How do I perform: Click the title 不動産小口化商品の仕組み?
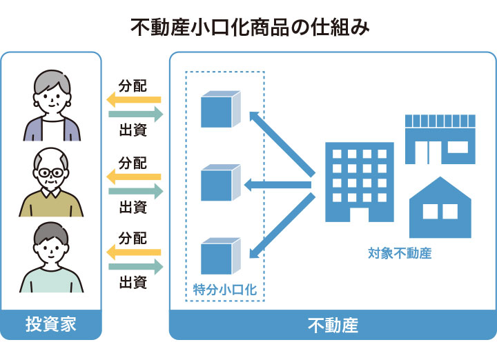249,28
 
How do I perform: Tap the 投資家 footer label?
50,325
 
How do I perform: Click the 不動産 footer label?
333,325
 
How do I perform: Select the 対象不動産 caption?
400,253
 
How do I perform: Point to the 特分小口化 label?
225,290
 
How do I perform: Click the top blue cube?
220,110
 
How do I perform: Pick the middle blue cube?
220,183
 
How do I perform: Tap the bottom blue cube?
220,257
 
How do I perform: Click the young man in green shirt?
52,257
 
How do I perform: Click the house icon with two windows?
440,208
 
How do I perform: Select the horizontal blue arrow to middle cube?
276,184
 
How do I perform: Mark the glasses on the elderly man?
52,173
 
